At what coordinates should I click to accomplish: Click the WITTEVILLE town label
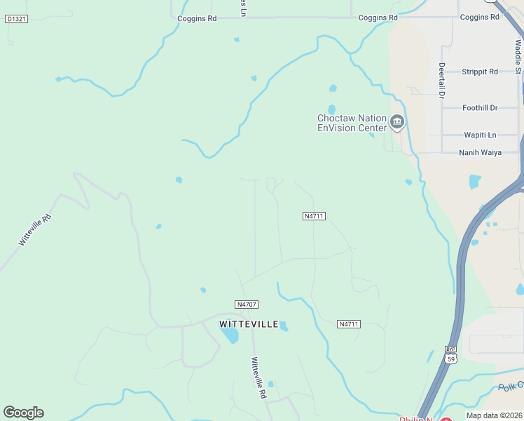(249, 324)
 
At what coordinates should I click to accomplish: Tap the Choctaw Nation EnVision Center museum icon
(397, 123)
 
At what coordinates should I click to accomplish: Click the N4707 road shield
(247, 305)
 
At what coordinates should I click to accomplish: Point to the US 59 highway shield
(451, 359)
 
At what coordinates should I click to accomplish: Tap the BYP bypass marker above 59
(451, 349)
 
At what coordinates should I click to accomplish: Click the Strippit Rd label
(480, 72)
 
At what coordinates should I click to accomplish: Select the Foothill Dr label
(480, 108)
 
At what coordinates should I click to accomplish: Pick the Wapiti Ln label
(480, 135)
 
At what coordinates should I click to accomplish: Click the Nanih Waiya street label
(480, 152)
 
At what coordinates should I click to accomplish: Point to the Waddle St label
(518, 56)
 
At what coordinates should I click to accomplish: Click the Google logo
(23, 413)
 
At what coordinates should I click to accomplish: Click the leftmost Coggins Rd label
(197, 18)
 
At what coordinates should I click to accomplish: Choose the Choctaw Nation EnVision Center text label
(352, 123)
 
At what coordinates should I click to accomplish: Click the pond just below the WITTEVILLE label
(230, 336)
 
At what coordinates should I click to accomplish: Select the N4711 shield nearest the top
(314, 216)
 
